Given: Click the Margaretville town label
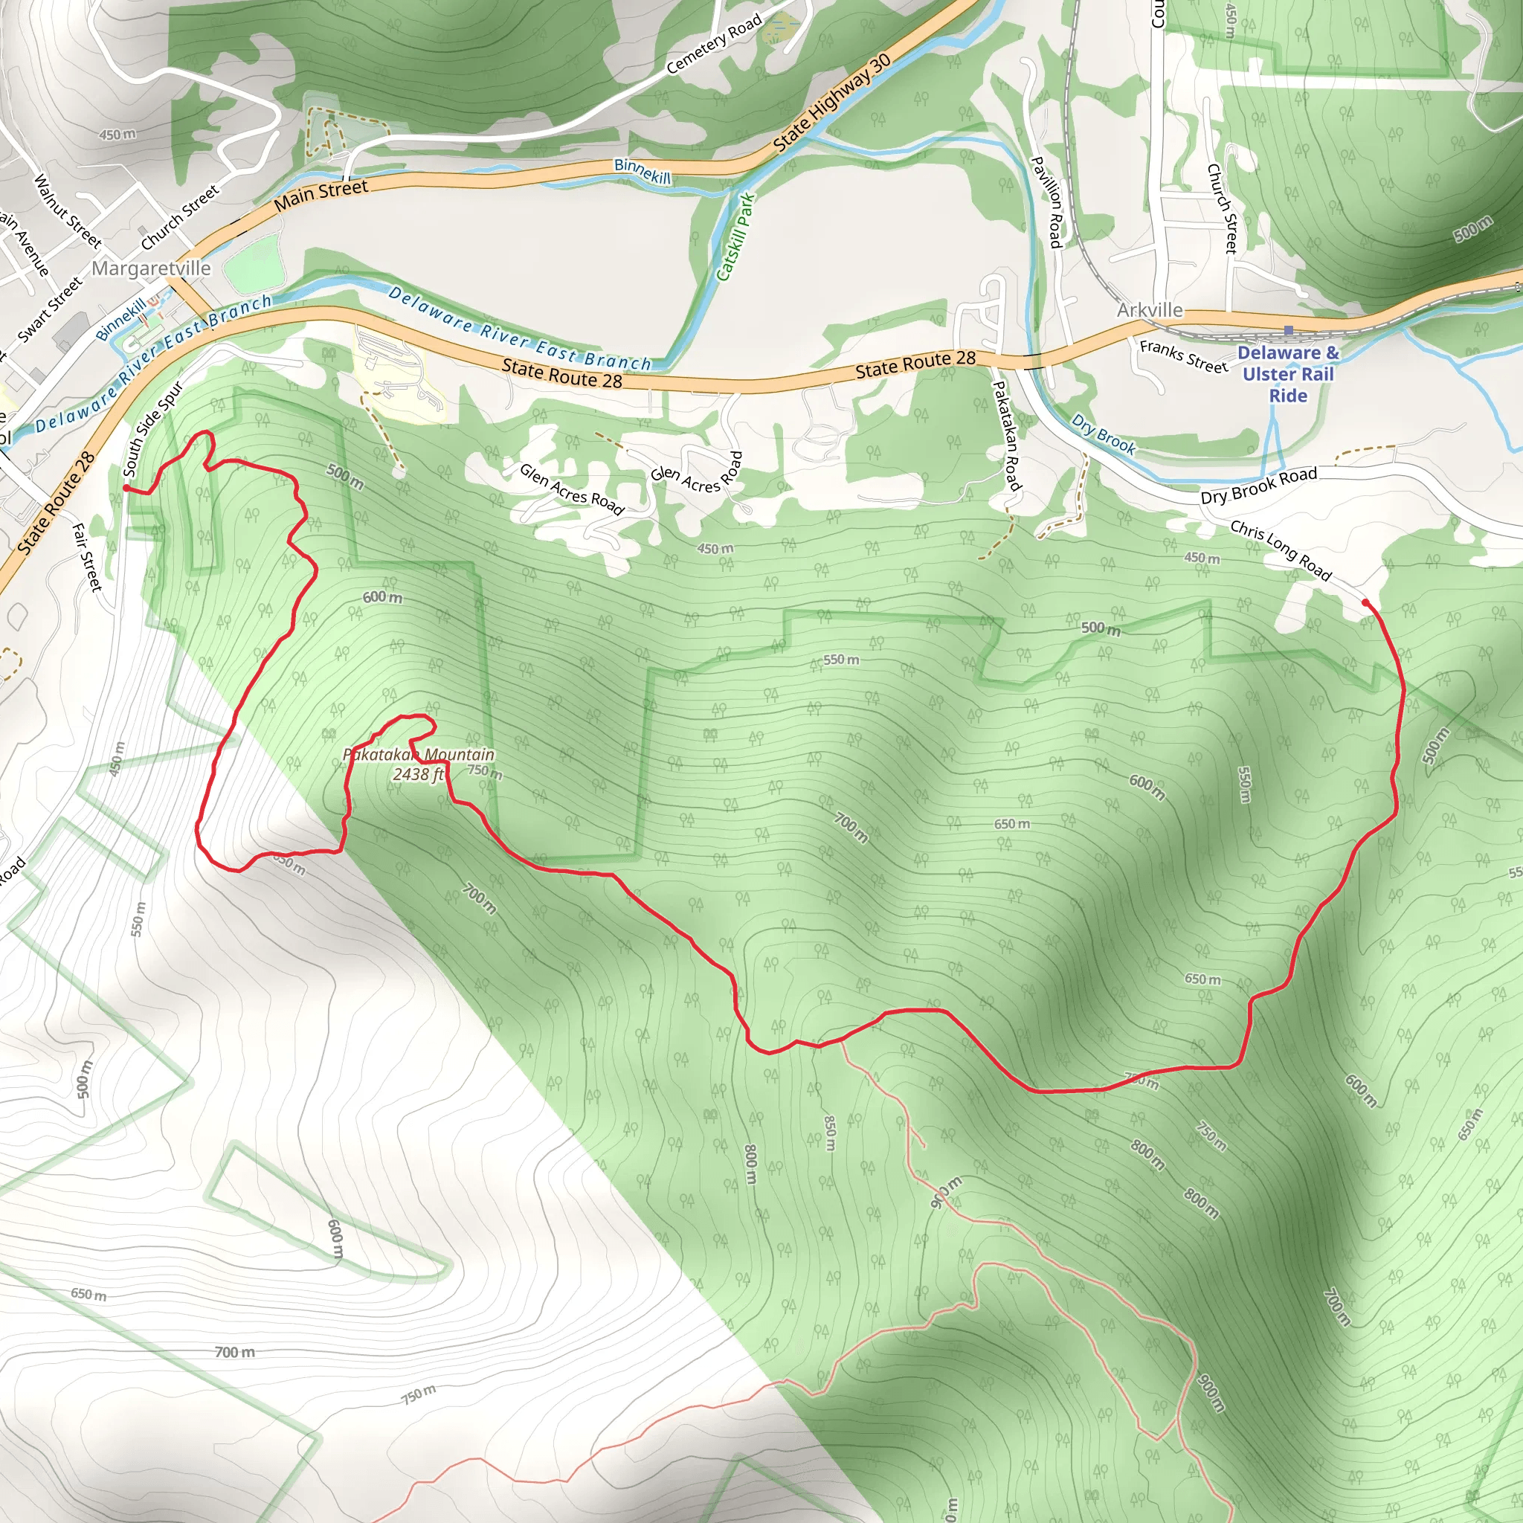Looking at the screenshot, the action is point(152,268).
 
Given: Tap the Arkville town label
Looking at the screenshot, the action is point(1150,310).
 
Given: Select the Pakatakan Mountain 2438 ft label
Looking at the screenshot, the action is point(419,764).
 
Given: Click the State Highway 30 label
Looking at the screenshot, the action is point(831,103).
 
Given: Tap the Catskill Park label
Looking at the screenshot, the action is point(735,236).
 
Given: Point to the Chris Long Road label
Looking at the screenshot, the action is point(1281,550).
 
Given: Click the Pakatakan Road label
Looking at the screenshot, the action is point(1006,435).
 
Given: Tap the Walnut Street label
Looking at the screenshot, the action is point(67,210).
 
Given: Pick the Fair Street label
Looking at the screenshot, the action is point(88,556).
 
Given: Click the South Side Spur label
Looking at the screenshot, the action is point(153,429).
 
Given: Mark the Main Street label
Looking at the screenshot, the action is point(321,196).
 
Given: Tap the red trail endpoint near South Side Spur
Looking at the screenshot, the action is point(127,489).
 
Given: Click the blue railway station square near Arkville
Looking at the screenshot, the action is point(1288,330).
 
